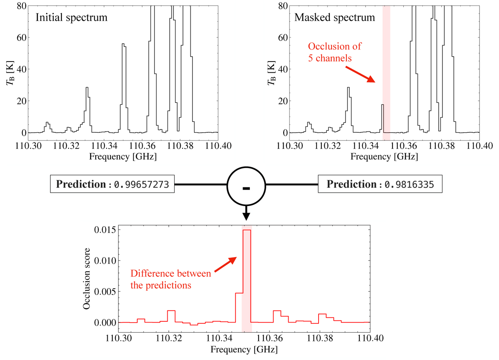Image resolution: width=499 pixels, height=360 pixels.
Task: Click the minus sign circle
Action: click(246, 188)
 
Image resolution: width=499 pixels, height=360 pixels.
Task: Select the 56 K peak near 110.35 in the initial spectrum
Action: click(124, 44)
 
